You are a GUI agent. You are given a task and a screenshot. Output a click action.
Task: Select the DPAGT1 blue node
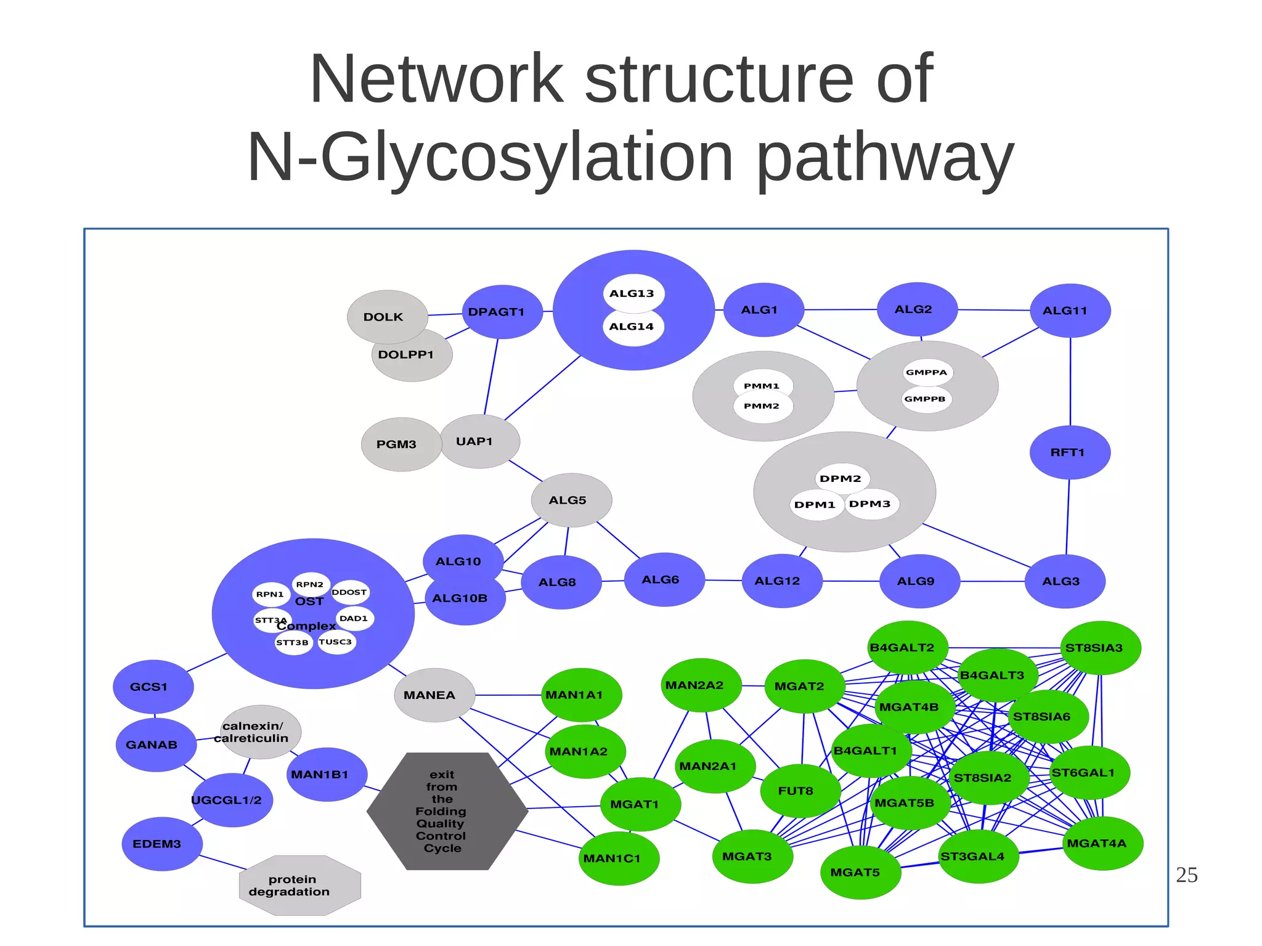[502, 312]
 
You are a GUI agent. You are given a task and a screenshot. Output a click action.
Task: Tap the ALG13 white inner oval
[632, 293]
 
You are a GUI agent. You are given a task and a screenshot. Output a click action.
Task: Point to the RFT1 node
[1070, 452]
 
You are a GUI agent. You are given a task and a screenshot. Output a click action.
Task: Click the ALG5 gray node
[571, 500]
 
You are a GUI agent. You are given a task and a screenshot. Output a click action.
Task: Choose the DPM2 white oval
[841, 479]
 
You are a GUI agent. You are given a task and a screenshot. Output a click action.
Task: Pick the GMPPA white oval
[927, 372]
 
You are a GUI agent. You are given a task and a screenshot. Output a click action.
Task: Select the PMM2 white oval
[762, 406]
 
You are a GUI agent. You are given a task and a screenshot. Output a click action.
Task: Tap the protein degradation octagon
[299, 886]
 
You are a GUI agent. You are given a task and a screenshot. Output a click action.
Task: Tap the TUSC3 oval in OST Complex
[336, 642]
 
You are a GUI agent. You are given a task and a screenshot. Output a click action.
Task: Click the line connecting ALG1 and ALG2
[841, 309]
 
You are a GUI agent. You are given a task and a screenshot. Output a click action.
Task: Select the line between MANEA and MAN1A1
[508, 695]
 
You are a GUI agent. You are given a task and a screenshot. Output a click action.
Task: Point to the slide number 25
[1186, 875]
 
